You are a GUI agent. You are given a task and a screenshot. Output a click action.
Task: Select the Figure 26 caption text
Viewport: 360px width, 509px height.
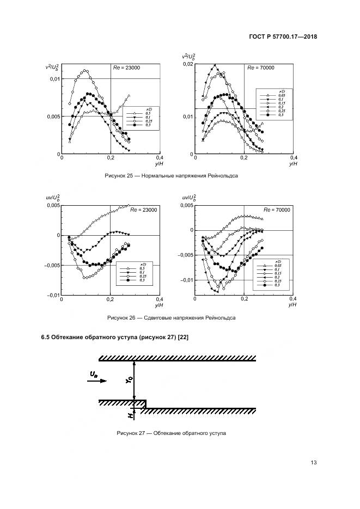pyautogui.click(x=172, y=318)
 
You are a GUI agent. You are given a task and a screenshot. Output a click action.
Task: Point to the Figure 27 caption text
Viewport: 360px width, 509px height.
pyautogui.click(x=172, y=433)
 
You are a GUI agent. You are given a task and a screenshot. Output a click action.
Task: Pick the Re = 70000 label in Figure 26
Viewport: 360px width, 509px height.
pyautogui.click(x=276, y=210)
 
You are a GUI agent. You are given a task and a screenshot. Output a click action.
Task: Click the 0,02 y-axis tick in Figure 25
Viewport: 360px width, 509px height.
pyautogui.click(x=187, y=64)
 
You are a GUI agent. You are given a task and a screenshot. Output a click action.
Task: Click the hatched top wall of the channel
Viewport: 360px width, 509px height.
pyautogui.click(x=178, y=358)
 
